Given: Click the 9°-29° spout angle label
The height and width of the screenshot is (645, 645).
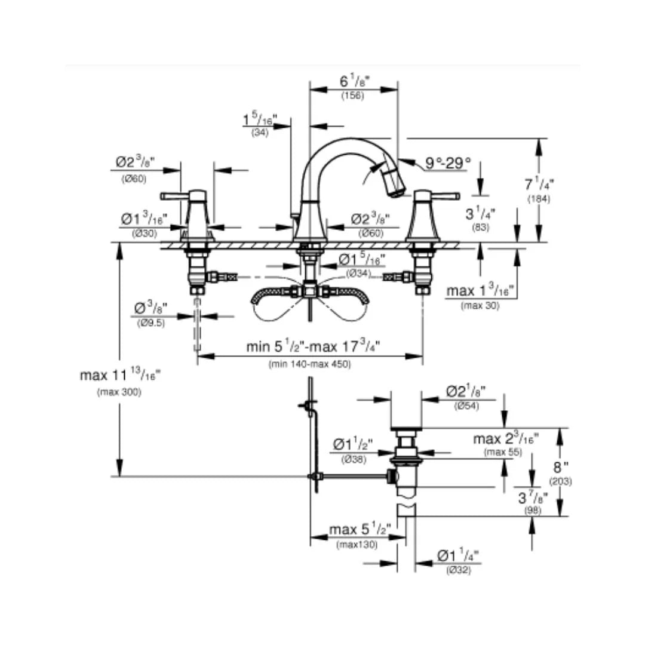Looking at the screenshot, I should coord(448,162).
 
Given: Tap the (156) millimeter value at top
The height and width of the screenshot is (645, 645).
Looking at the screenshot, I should coord(352,96).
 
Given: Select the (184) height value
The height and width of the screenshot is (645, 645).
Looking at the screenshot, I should coord(539,199).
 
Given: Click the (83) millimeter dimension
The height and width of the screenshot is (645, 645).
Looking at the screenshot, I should coord(480,228).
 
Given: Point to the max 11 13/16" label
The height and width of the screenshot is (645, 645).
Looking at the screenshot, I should coord(120,376).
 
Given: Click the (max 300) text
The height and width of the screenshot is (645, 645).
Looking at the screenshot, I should coord(119,392).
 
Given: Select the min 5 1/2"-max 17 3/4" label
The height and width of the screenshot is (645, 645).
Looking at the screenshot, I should coord(314,347).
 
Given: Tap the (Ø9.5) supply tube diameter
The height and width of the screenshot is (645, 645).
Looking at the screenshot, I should coord(150,323).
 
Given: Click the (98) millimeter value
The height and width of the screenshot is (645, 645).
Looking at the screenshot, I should coord(533,511).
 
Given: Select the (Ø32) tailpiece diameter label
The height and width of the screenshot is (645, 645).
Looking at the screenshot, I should coord(458,570).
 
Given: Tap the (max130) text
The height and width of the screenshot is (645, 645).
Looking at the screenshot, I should coord(357,545).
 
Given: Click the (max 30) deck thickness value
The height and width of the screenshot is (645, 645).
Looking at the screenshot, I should coord(480,306).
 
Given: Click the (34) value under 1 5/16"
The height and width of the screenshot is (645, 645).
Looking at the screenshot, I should coord(260,133).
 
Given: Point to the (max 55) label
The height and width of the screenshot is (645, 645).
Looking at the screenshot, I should coord(503,452).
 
